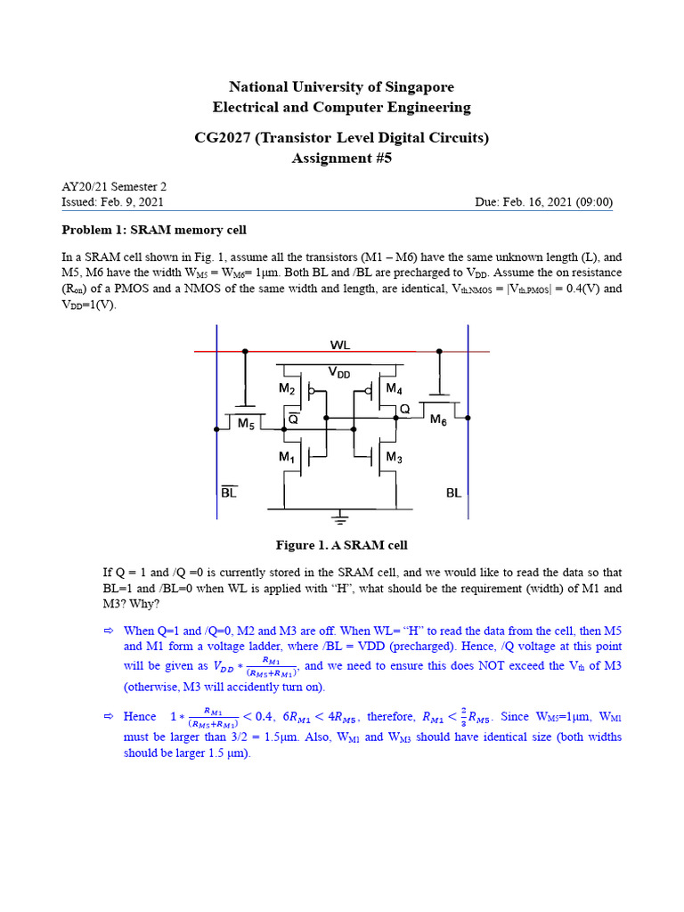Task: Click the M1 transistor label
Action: (286, 457)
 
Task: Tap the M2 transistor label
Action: (286, 388)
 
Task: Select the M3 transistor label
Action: (395, 457)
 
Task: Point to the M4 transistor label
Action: (394, 388)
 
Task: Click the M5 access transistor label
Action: (247, 425)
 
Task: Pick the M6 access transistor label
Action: (438, 420)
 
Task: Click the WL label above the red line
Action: (341, 341)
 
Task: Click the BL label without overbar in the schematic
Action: (454, 492)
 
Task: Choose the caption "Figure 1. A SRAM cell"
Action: (341, 545)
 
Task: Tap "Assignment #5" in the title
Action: (341, 159)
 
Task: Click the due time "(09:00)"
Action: (592, 202)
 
